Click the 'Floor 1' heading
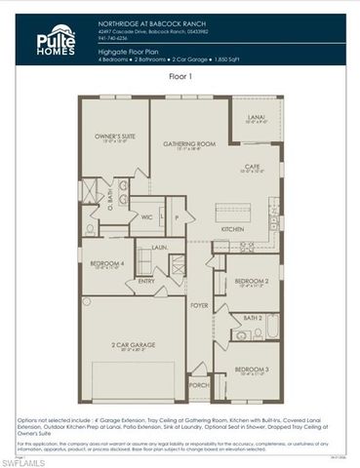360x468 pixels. pyautogui.click(x=180, y=75)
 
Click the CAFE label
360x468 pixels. pyautogui.click(x=252, y=167)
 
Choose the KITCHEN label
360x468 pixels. pyautogui.click(x=232, y=229)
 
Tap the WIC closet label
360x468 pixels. pyautogui.click(x=147, y=217)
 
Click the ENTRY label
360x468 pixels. pyautogui.click(x=146, y=282)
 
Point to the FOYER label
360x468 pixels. pyautogui.click(x=199, y=305)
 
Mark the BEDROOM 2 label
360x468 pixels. pyautogui.click(x=252, y=282)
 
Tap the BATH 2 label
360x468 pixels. pyautogui.click(x=252, y=318)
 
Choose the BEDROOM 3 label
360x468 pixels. pyautogui.click(x=252, y=370)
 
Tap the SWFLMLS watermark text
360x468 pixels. pyautogui.click(x=29, y=460)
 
